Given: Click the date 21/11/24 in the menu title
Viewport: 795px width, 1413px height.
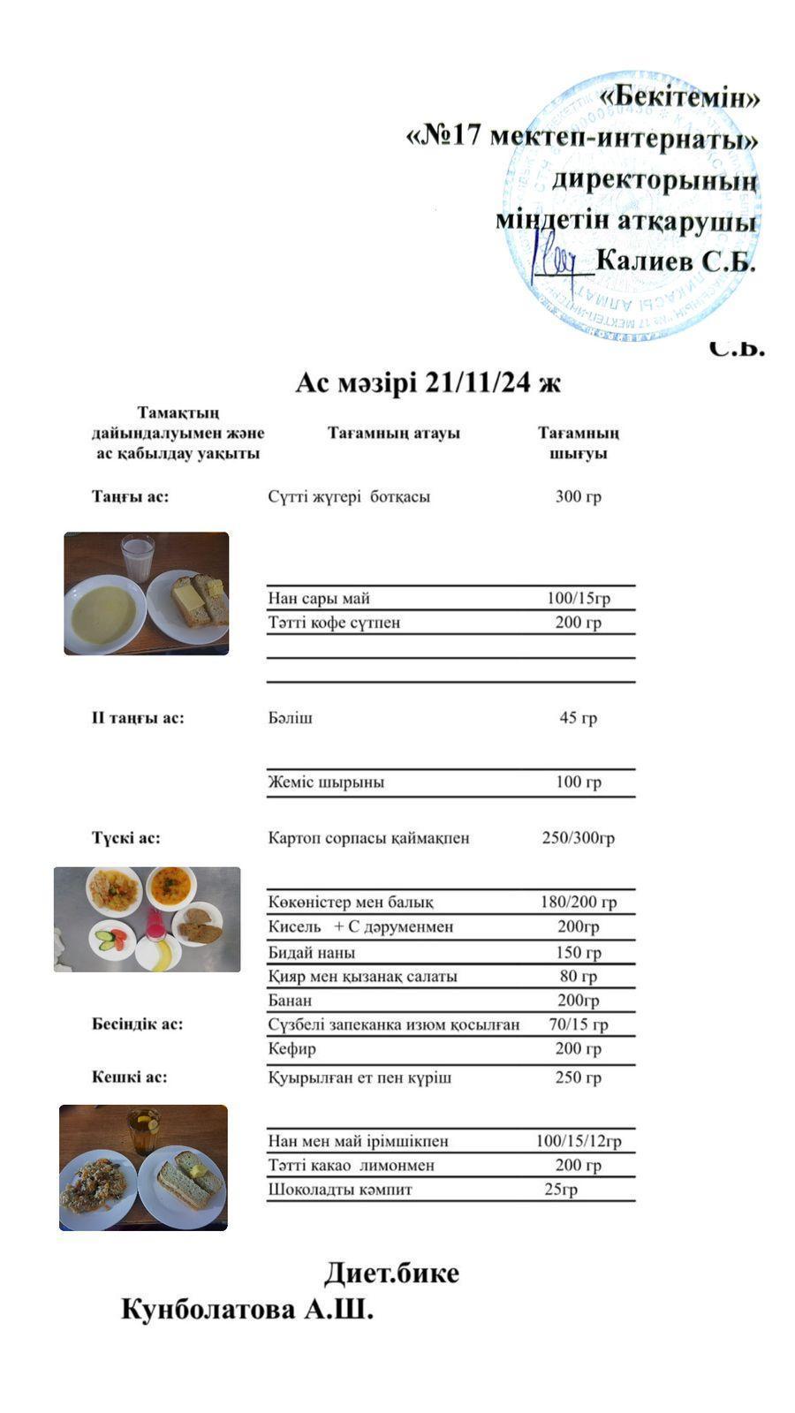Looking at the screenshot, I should pos(479,383).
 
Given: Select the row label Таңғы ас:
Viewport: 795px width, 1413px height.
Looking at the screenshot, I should pos(130,496).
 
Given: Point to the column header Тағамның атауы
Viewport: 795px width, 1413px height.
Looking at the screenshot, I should pos(393,434).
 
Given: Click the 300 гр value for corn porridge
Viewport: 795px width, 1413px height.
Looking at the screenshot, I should pos(578,496).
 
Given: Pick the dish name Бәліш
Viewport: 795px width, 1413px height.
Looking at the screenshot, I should pos(290,718).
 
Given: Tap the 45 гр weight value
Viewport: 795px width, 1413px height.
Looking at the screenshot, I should pos(578,718).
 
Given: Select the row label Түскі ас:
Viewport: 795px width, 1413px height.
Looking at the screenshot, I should pos(126,837).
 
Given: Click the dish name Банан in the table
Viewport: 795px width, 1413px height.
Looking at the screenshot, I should pos(290,1001).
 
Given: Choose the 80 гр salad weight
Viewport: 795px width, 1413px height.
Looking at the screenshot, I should pos(578,977).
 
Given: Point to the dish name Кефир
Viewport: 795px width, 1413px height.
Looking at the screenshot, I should pos(291,1049).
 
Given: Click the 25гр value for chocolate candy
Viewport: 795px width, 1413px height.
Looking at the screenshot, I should pos(561,1190).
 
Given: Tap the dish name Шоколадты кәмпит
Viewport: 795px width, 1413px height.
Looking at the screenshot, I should pos(340,1190).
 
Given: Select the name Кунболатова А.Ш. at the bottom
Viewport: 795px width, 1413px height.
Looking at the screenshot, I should pos(247,1310).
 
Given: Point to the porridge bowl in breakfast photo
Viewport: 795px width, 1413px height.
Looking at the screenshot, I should pos(103,613).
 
